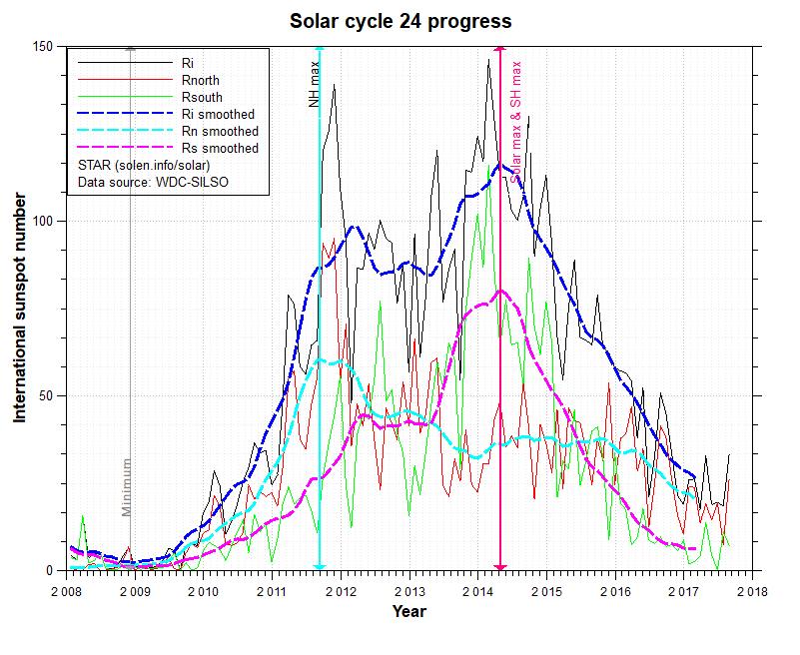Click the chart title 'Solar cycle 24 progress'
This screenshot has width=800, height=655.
[x=400, y=21]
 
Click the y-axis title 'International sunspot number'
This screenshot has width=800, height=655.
[x=19, y=311]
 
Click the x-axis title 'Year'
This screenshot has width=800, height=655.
[x=408, y=610]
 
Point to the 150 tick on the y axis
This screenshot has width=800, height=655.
[x=43, y=46]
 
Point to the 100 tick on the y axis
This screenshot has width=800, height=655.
[x=43, y=221]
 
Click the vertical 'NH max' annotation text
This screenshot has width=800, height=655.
[x=312, y=86]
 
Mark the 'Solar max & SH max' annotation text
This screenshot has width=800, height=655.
[x=516, y=120]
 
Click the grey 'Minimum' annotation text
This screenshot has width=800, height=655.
[x=127, y=486]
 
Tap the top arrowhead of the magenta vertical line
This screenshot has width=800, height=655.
[x=499, y=51]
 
